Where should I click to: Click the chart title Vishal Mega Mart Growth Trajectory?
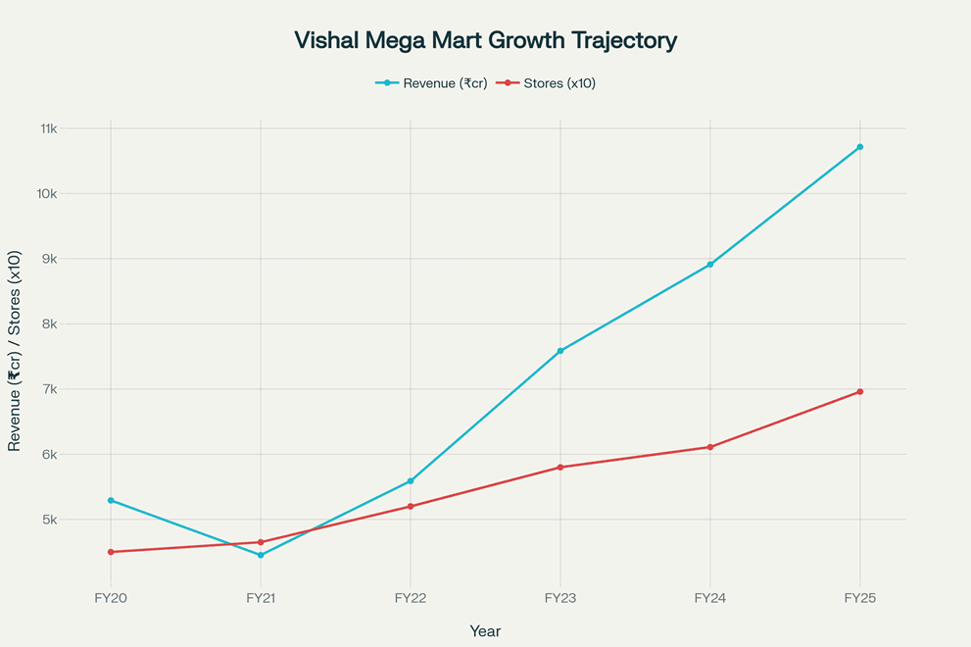485,41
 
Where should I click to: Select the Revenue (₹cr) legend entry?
431,83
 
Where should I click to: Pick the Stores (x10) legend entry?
546,83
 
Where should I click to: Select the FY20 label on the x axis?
111,597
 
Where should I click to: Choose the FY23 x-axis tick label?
560,597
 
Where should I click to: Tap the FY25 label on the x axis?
860,597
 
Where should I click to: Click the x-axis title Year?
485,631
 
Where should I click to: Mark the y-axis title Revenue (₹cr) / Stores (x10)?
15,350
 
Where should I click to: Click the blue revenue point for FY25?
860,147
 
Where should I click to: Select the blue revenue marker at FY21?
261,555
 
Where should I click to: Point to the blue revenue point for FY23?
560,351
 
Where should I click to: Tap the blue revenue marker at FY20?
111,500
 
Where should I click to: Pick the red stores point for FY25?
860,391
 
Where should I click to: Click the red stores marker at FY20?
111,552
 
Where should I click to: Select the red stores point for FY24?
710,447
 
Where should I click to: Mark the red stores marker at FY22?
411,506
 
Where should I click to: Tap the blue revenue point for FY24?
710,265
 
